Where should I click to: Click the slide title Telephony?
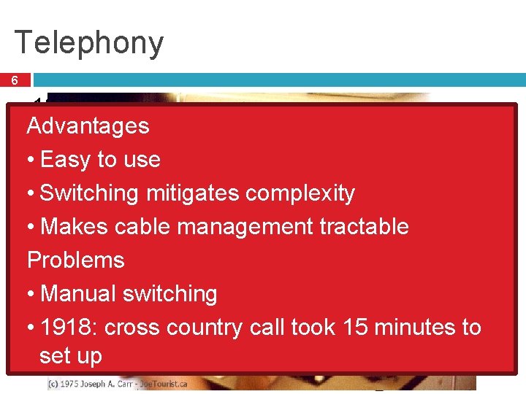(88, 43)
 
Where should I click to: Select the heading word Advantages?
(88, 126)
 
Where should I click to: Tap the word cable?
(141, 227)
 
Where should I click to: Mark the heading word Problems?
(76, 260)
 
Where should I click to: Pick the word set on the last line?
(56, 356)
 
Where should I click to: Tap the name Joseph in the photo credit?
(111, 383)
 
